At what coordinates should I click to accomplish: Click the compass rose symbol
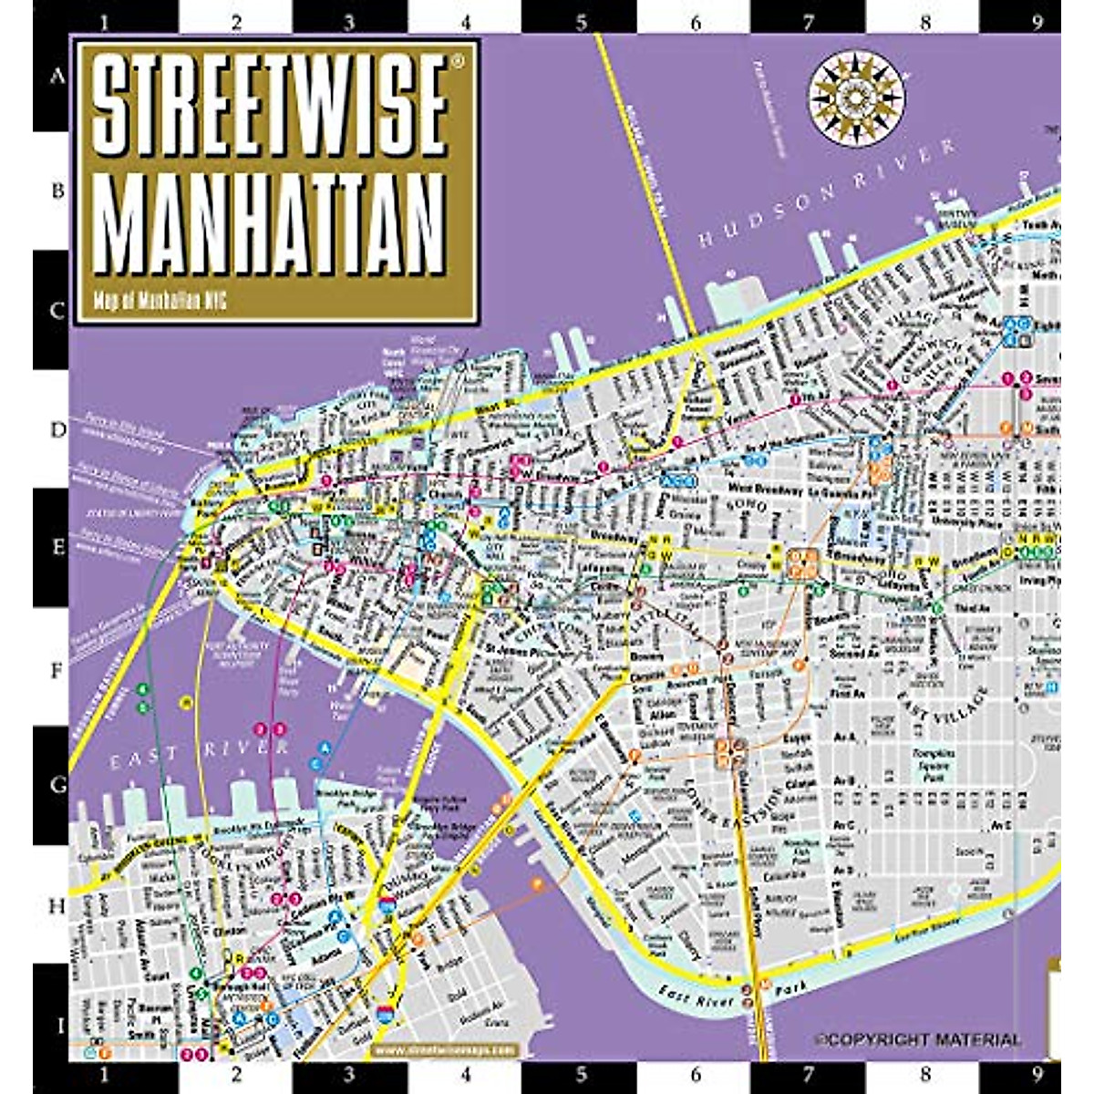[856, 95]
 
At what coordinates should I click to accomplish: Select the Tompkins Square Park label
[934, 766]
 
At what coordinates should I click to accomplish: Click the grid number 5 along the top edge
[582, 21]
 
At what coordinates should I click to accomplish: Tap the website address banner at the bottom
[444, 1050]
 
